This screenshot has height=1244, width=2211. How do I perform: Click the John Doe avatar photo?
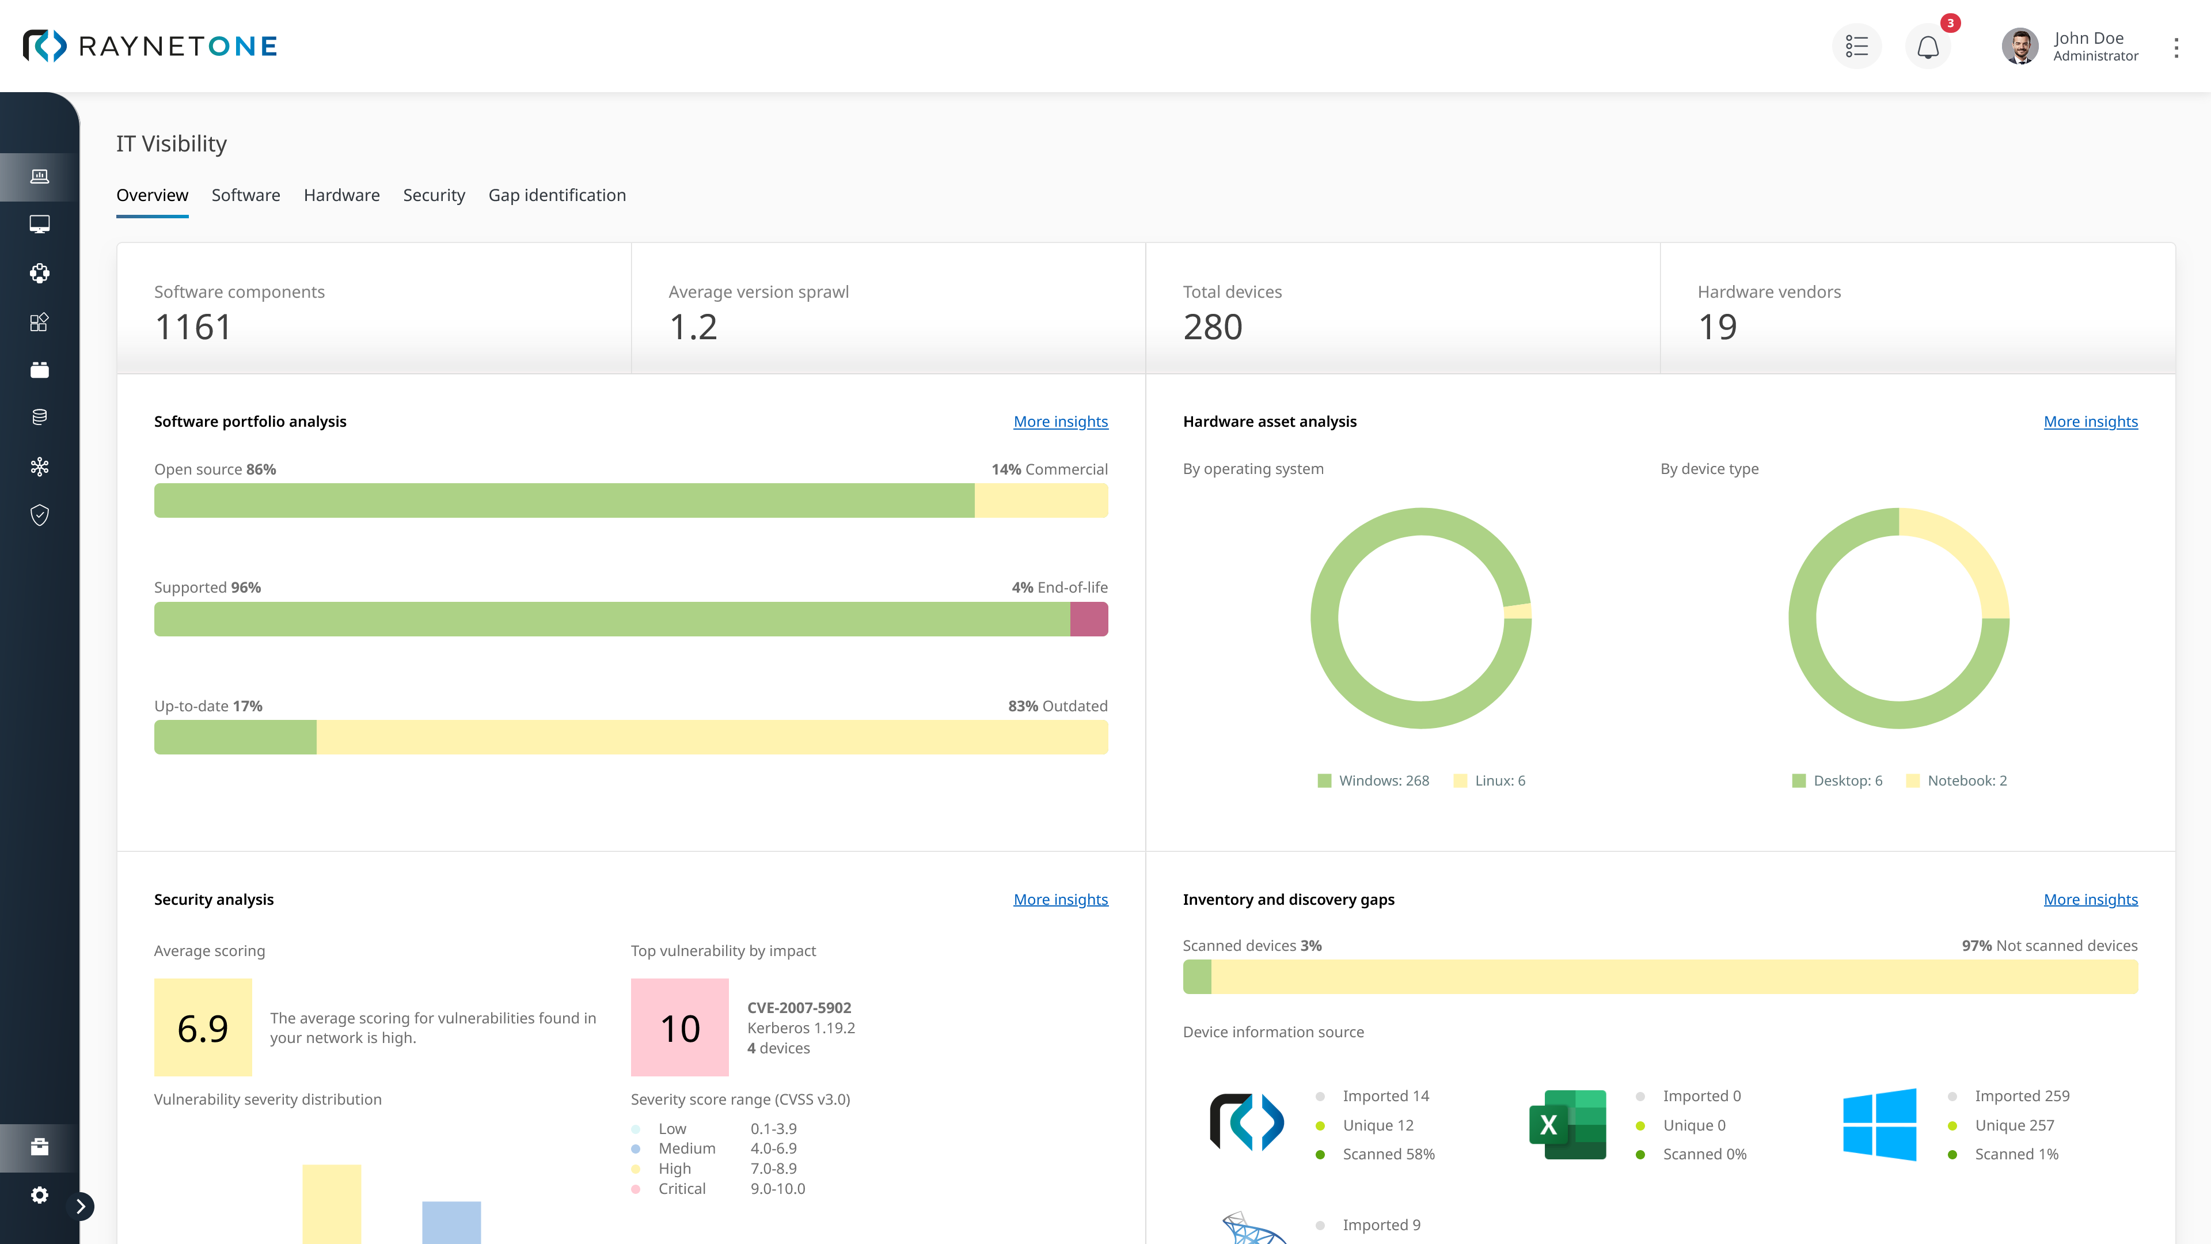coord(2020,46)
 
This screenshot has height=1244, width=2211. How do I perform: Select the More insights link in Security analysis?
coord(1060,899)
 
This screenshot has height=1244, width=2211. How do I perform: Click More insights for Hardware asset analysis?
coord(2090,422)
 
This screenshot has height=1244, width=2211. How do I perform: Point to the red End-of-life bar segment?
coord(1088,619)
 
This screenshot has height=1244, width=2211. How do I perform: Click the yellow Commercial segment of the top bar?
coord(1040,500)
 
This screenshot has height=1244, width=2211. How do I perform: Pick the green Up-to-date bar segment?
coord(235,737)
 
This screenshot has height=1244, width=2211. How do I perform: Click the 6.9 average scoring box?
coord(203,1027)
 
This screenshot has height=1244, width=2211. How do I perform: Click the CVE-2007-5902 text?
coord(798,1008)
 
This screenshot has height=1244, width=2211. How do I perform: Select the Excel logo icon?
coord(1567,1125)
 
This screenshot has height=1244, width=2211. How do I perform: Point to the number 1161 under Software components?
coord(193,327)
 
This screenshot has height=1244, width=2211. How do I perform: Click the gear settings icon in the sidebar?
coord(40,1195)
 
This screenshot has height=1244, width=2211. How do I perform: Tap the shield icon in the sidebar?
coord(40,515)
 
